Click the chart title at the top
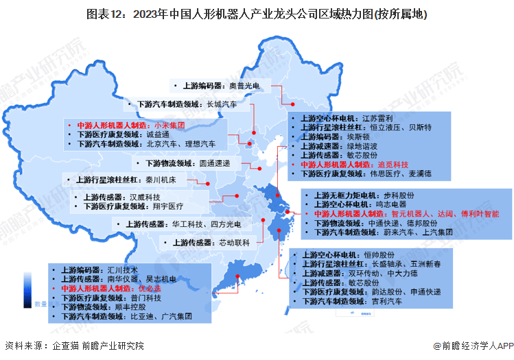click(x=257, y=13)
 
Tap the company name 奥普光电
click(x=245, y=86)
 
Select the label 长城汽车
click(x=221, y=104)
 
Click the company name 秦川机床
click(x=177, y=181)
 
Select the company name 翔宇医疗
click(x=168, y=206)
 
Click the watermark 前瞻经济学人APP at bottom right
click(x=474, y=346)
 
